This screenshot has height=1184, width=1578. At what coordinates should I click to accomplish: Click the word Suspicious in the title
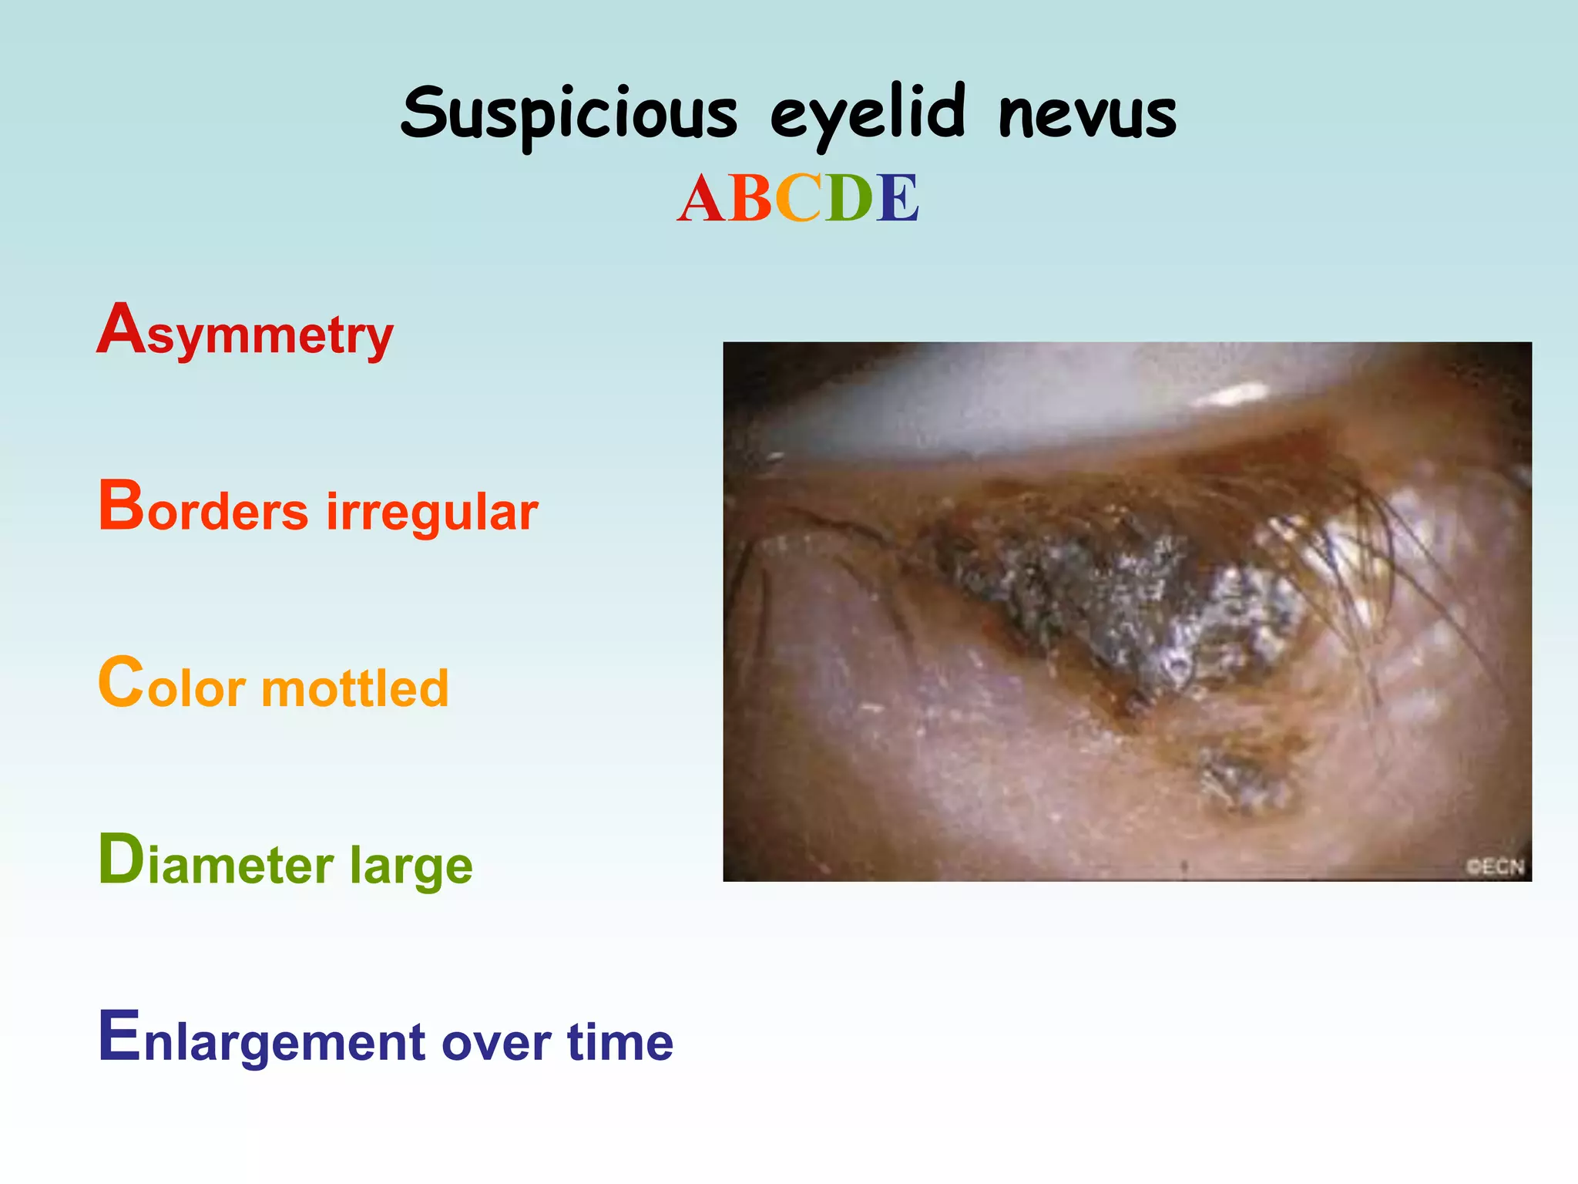(x=569, y=114)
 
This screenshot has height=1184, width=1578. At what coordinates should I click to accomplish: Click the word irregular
(x=431, y=510)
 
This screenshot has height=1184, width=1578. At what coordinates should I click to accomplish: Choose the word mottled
(x=355, y=687)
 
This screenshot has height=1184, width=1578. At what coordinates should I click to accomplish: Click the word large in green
(x=411, y=866)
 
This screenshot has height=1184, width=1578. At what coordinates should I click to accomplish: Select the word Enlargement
(x=262, y=1040)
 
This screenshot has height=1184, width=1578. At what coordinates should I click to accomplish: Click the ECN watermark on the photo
(x=1495, y=866)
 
